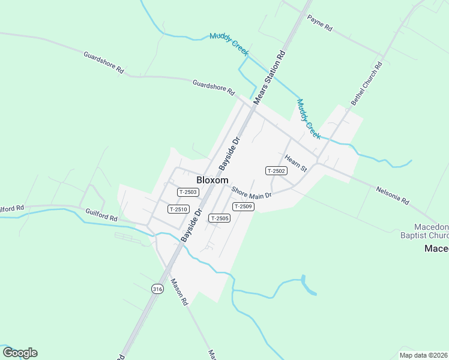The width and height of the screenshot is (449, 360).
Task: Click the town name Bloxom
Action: [212, 180]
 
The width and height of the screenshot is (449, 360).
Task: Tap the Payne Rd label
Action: [319, 23]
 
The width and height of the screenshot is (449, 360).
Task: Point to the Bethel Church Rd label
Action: [367, 84]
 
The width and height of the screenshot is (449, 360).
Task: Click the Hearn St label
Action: [295, 162]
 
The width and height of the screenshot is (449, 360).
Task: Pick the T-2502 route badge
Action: [277, 171]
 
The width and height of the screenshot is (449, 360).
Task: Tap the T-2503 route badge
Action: [188, 192]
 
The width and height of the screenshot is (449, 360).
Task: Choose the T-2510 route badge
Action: [178, 209]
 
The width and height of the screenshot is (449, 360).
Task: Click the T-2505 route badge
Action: [219, 218]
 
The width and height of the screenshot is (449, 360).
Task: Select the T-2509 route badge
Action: [244, 206]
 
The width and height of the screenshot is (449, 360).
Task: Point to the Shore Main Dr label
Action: [252, 192]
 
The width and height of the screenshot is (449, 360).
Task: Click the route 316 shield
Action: [157, 289]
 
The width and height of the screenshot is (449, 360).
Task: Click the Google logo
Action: [20, 353]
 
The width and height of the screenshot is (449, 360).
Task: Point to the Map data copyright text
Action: [423, 355]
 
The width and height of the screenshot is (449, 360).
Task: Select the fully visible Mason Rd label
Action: [179, 292]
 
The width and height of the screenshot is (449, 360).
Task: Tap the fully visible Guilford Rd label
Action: [101, 214]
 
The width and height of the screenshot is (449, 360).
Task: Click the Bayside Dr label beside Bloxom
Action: [229, 153]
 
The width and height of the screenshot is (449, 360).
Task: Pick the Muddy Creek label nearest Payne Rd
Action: [229, 45]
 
